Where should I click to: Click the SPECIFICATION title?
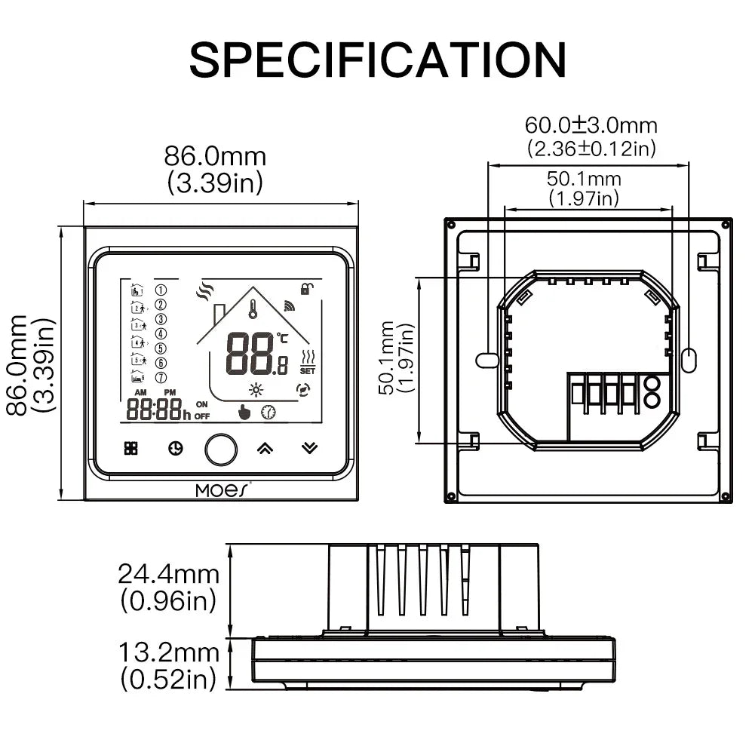[377, 60]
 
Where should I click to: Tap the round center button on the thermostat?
[221, 449]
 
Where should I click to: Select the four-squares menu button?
[131, 448]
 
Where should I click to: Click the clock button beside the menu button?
[175, 449]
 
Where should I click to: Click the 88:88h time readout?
[158, 410]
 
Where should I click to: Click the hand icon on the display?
[244, 412]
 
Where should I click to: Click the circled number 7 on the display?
[160, 376]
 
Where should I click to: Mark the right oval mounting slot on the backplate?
[689, 360]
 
